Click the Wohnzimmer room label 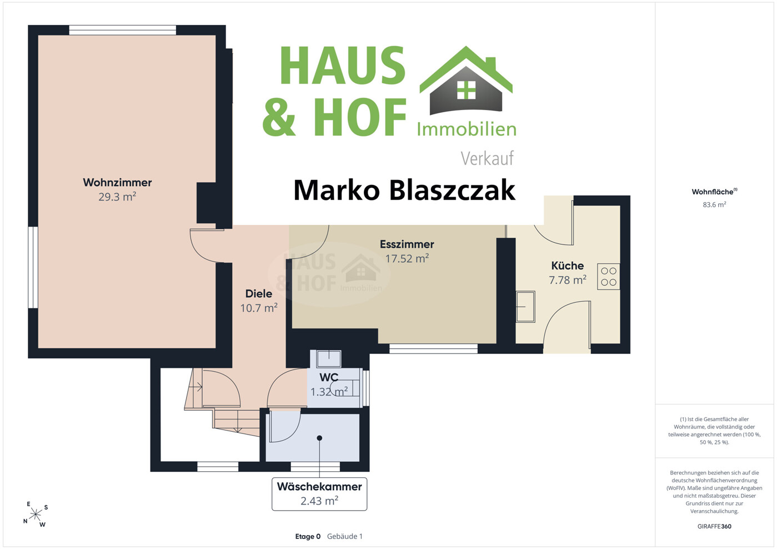(x=117, y=183)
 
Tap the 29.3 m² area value (x=117, y=197)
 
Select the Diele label (x=258, y=293)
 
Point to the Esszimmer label (x=407, y=244)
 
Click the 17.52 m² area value (x=407, y=258)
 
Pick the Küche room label (x=568, y=266)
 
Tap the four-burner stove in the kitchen (x=608, y=277)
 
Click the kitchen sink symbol (x=525, y=307)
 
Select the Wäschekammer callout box (x=319, y=494)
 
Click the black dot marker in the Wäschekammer (x=319, y=438)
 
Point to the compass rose (x=36, y=515)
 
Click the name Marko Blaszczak (x=404, y=190)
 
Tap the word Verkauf (x=487, y=158)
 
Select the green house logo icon (x=466, y=81)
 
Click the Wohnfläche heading (x=714, y=192)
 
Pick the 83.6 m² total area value (x=714, y=204)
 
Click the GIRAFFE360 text (x=714, y=526)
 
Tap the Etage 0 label (x=308, y=537)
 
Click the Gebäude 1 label (x=344, y=537)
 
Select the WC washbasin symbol (x=329, y=358)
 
